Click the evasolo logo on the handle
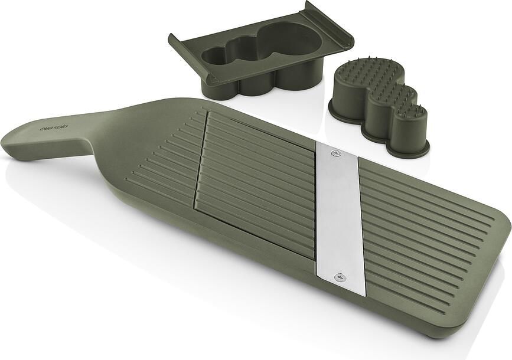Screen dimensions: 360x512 (54, 127)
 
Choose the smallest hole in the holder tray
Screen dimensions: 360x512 (214, 56)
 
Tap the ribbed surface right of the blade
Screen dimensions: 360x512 (425, 236)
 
